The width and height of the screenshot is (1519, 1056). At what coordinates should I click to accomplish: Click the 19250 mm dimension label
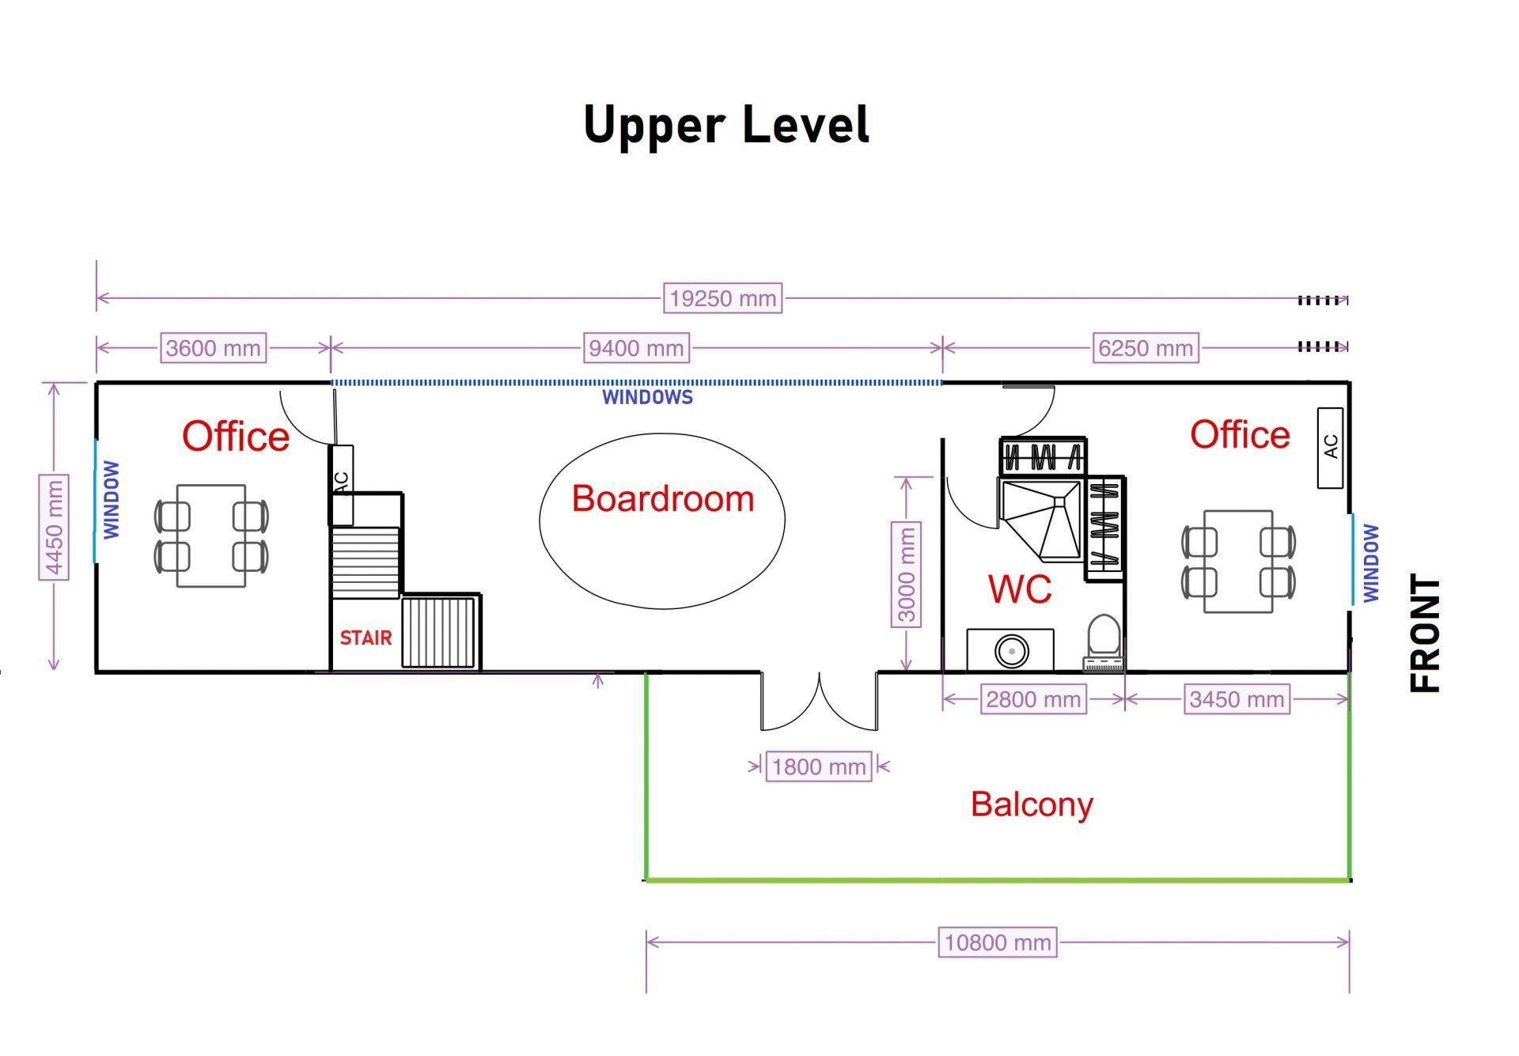[722, 298]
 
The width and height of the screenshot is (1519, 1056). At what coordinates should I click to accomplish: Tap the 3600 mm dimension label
[213, 348]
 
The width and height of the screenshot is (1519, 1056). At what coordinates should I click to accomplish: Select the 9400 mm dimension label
[636, 348]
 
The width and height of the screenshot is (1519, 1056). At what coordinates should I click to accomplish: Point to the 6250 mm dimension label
[1146, 348]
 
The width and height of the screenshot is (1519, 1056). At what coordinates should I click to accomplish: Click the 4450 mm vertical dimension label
[54, 527]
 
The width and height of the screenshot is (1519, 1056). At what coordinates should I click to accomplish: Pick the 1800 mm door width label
[819, 766]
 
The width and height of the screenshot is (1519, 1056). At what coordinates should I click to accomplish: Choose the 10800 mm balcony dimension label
[998, 942]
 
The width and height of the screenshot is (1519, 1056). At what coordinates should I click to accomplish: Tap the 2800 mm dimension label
[1033, 699]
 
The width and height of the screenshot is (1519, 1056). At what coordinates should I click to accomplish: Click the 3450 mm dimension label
[1237, 699]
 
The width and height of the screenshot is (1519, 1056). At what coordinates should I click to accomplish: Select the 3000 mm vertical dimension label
[907, 574]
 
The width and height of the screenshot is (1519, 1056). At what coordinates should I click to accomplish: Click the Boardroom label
[663, 499]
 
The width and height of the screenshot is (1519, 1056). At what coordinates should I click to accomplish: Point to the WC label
[1020, 589]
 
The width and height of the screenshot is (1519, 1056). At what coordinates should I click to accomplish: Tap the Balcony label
[1032, 805]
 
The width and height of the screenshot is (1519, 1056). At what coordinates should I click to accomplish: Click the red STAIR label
[366, 638]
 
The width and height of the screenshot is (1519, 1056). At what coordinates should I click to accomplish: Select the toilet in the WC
[1104, 643]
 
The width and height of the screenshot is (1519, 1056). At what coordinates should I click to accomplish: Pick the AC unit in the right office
[1330, 448]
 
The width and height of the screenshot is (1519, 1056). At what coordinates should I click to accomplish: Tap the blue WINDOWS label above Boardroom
[647, 397]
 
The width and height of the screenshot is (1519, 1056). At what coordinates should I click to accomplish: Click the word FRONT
[1426, 634]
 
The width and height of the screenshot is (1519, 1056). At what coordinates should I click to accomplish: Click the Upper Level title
[726, 125]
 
